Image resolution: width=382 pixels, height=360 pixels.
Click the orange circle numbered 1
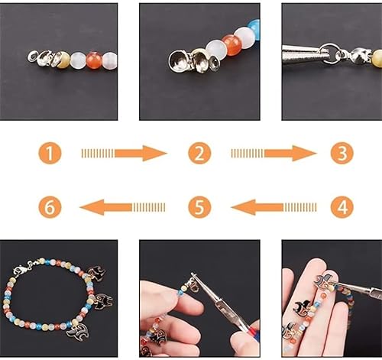coord(50,154)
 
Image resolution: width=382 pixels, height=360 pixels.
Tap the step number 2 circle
coord(199,154)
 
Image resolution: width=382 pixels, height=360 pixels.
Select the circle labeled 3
coord(342,154)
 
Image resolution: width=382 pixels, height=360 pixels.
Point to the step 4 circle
coord(342,206)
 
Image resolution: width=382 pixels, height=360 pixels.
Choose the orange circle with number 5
coord(199,206)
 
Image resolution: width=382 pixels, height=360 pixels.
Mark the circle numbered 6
coord(50,206)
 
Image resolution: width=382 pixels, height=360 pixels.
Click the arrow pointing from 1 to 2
coord(124,154)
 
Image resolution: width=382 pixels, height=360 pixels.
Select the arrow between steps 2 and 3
coord(274,154)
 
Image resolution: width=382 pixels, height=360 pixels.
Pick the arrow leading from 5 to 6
coord(122,206)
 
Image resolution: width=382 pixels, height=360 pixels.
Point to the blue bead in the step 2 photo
coord(254,31)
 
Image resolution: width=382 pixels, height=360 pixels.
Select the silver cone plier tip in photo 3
coord(302,54)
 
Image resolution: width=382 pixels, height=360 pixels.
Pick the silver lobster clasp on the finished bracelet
coord(23,269)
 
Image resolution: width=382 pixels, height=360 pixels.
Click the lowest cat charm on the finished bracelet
coord(77,331)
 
